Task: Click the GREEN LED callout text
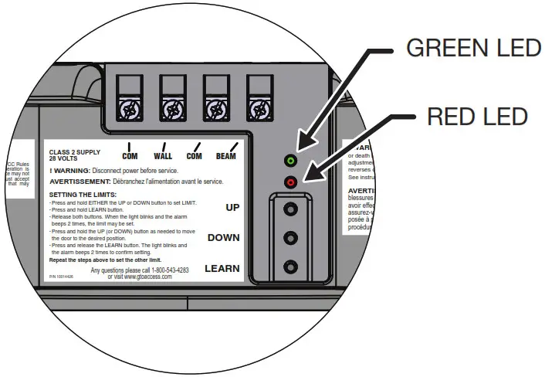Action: coord(473,48)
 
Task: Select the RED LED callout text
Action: coord(476,117)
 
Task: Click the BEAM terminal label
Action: coord(225,156)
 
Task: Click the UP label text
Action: coord(232,208)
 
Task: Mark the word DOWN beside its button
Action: coord(224,238)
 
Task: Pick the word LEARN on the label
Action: coord(222,270)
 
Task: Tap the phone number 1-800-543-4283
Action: coord(165,270)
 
